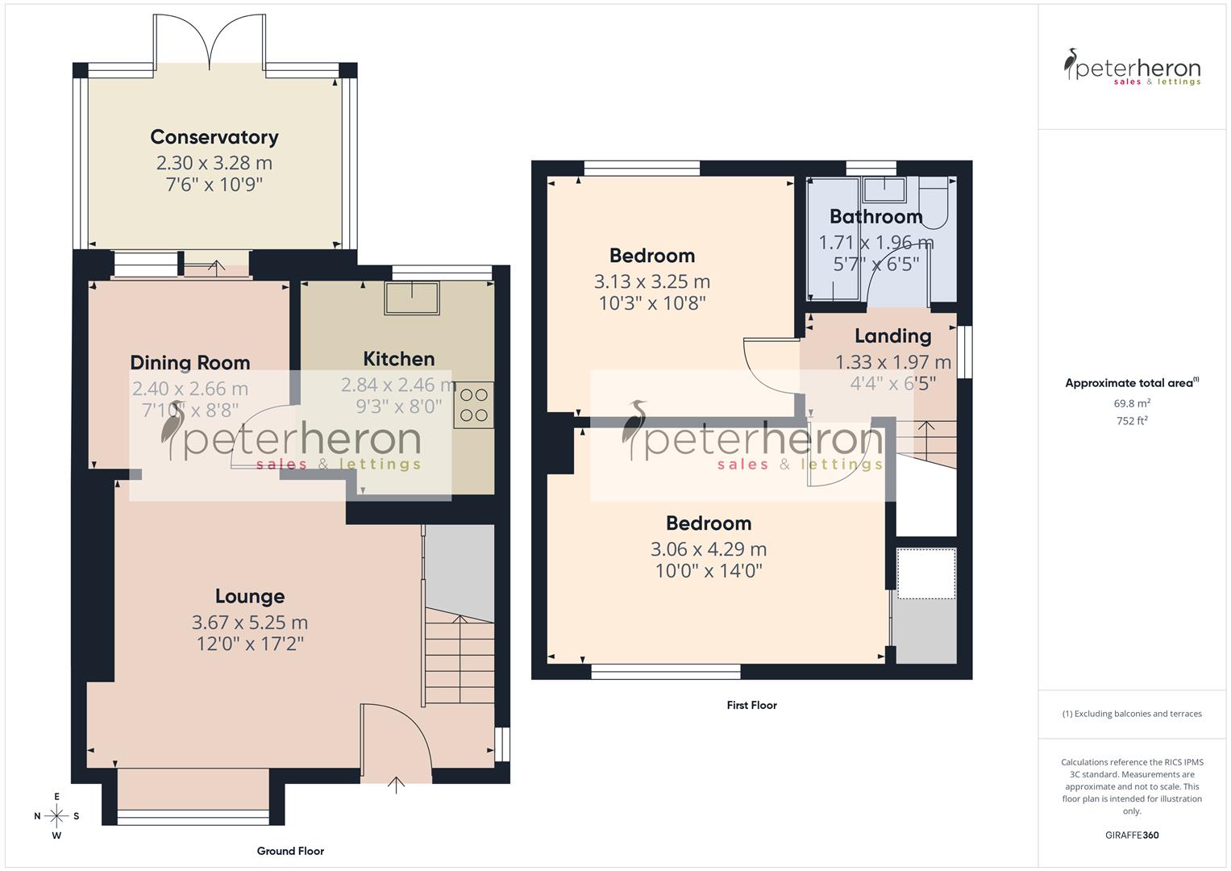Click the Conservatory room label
click(214, 137)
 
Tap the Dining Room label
click(190, 363)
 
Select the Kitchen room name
click(398, 359)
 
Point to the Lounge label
click(250, 597)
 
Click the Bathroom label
click(875, 217)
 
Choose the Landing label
click(892, 336)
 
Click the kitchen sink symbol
click(412, 298)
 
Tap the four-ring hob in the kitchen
click(474, 406)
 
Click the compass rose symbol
click(56, 816)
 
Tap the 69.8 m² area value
click(1131, 403)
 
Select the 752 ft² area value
click(1131, 421)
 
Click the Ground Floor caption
click(290, 851)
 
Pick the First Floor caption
click(751, 705)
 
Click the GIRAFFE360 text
click(1131, 836)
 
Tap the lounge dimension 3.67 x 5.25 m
click(250, 623)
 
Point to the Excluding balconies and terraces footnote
click(1131, 714)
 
